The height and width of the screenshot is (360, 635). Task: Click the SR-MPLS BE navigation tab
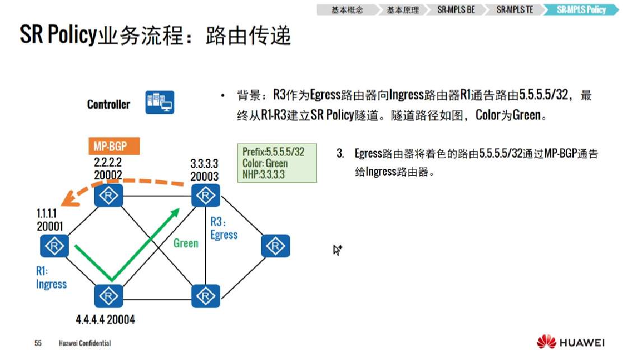pyautogui.click(x=459, y=10)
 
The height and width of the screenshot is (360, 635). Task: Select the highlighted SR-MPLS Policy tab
pyautogui.click(x=581, y=10)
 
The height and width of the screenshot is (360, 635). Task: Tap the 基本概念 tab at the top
pyautogui.click(x=347, y=10)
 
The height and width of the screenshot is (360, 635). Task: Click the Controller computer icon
pyautogui.click(x=160, y=103)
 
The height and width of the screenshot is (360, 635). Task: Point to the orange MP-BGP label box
pyautogui.click(x=114, y=147)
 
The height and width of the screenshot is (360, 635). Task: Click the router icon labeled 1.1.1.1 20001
pyautogui.click(x=54, y=246)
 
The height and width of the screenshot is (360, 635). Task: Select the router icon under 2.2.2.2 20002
pyautogui.click(x=108, y=196)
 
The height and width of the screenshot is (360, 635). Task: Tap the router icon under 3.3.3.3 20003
pyautogui.click(x=206, y=196)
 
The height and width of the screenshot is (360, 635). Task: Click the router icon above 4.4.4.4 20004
pyautogui.click(x=108, y=296)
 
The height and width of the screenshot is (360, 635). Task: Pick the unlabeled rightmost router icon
pyautogui.click(x=275, y=246)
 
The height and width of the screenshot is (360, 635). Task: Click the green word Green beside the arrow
pyautogui.click(x=186, y=243)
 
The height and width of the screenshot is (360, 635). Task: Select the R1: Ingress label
pyautogui.click(x=51, y=278)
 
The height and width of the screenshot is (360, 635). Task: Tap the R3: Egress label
pyautogui.click(x=224, y=229)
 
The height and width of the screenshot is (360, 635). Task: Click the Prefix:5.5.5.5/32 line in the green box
pyautogui.click(x=274, y=152)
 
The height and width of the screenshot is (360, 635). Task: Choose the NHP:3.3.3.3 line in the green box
pyautogui.click(x=263, y=174)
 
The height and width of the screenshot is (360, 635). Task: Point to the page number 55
pyautogui.click(x=38, y=343)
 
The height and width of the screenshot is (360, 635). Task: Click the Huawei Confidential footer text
pyautogui.click(x=85, y=343)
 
